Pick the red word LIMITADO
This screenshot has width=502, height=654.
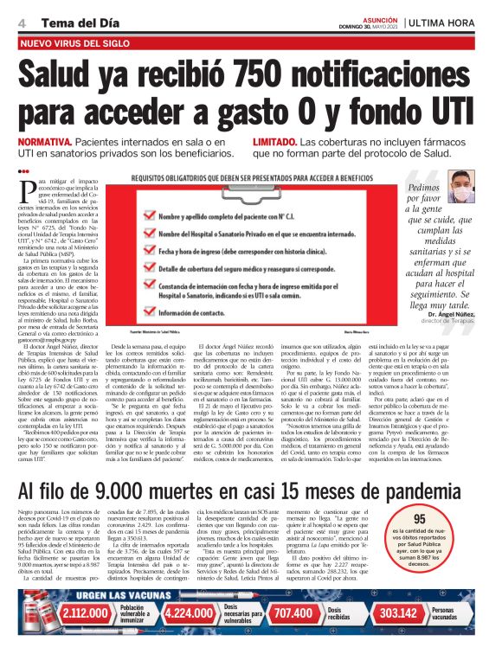click(x=276, y=141)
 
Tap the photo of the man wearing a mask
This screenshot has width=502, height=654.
click(x=461, y=185)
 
